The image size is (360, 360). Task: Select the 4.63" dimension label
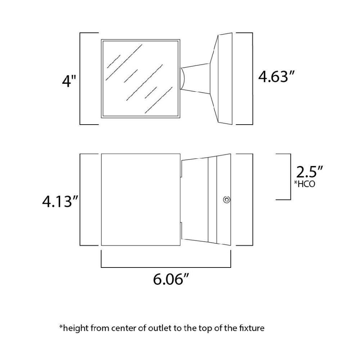277,76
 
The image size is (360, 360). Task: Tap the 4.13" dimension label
60,202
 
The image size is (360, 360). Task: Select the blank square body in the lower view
140,200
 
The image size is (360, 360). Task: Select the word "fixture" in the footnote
253,328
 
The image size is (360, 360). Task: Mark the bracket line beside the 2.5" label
290,176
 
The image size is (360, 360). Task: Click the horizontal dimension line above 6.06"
166,267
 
